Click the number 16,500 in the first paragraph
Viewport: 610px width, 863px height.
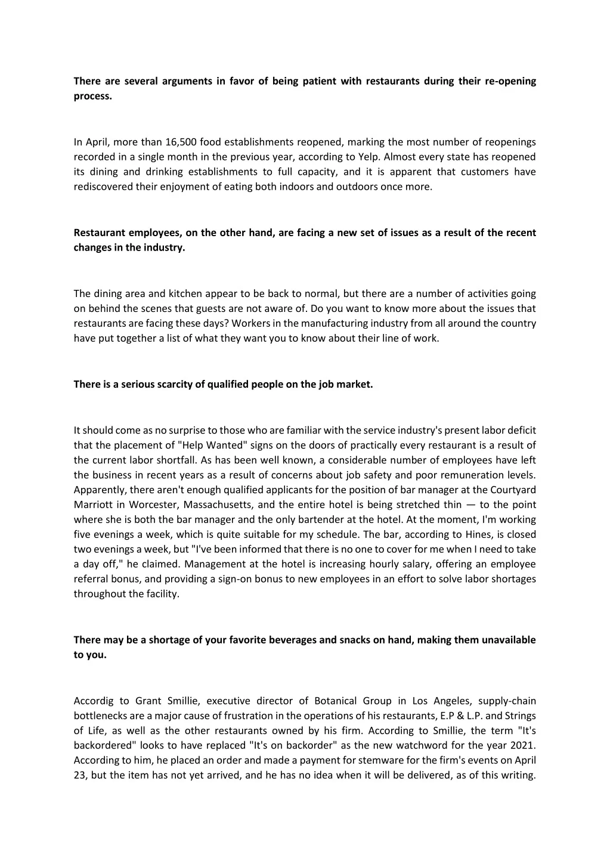[174, 142]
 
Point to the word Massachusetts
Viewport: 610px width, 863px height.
[221, 505]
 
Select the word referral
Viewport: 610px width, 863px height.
[91, 579]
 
